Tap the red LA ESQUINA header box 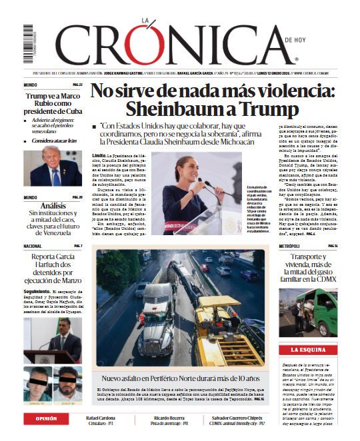[307, 349]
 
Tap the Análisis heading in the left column [53, 206]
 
